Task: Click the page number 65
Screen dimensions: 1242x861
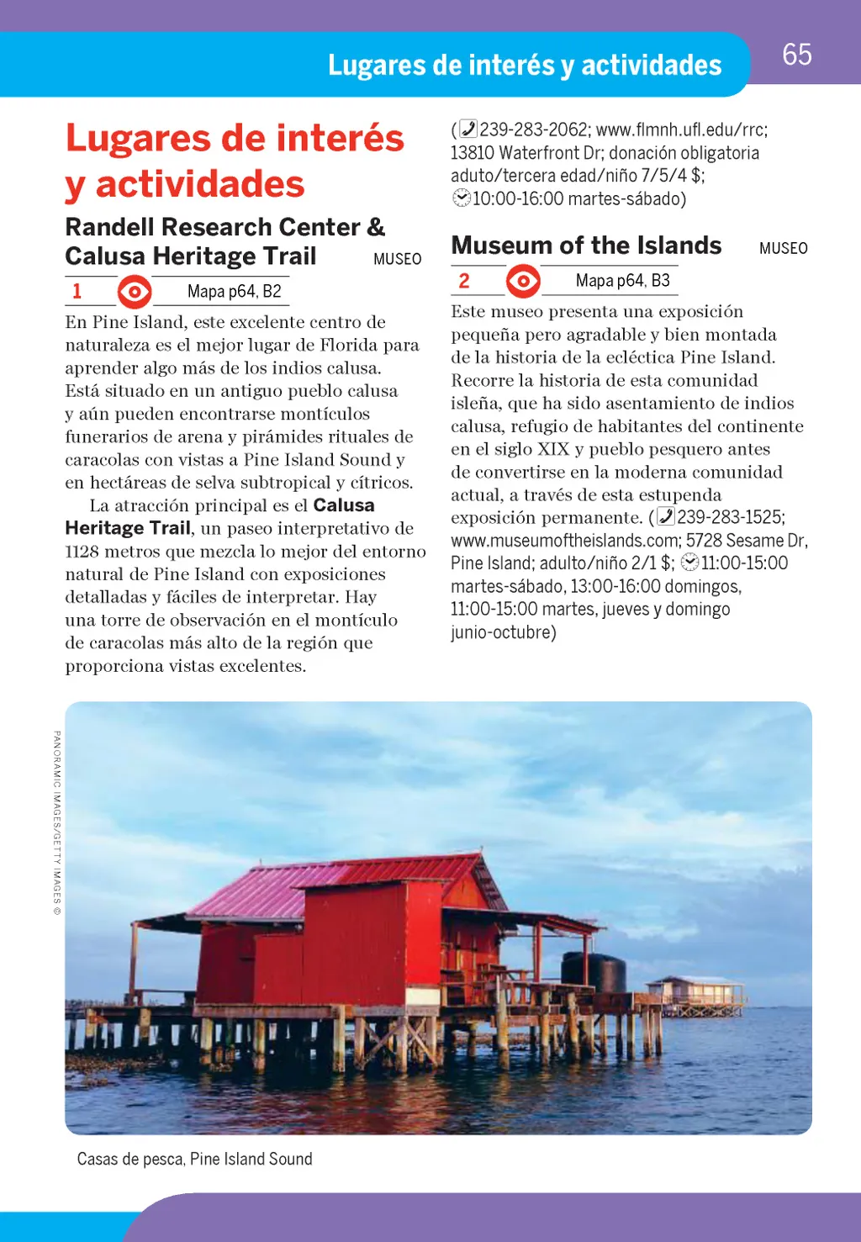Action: (796, 55)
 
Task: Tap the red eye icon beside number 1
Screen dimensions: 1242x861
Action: (135, 292)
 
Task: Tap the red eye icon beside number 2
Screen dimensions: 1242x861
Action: (523, 281)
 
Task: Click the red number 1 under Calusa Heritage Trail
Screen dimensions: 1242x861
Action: (77, 292)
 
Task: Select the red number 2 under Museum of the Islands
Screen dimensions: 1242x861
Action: (464, 281)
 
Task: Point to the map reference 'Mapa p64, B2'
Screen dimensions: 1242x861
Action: (234, 292)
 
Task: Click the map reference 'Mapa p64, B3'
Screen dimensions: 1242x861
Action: (622, 281)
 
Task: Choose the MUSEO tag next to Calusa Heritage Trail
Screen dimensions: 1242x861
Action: (397, 259)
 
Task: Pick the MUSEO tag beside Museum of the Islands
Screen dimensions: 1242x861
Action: (783, 248)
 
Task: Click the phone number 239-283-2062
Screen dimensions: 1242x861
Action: (533, 129)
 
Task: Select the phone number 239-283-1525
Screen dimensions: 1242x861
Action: (730, 517)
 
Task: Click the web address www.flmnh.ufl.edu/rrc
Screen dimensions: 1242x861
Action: (681, 129)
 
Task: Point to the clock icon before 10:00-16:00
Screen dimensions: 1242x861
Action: (461, 198)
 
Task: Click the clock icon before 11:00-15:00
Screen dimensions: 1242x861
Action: (689, 563)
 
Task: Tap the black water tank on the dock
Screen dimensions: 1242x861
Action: (594, 970)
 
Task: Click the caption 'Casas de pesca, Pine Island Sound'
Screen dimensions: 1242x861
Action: (194, 1159)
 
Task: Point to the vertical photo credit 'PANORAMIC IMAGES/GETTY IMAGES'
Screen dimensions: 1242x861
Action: (56, 822)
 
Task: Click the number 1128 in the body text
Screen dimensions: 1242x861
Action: (82, 552)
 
